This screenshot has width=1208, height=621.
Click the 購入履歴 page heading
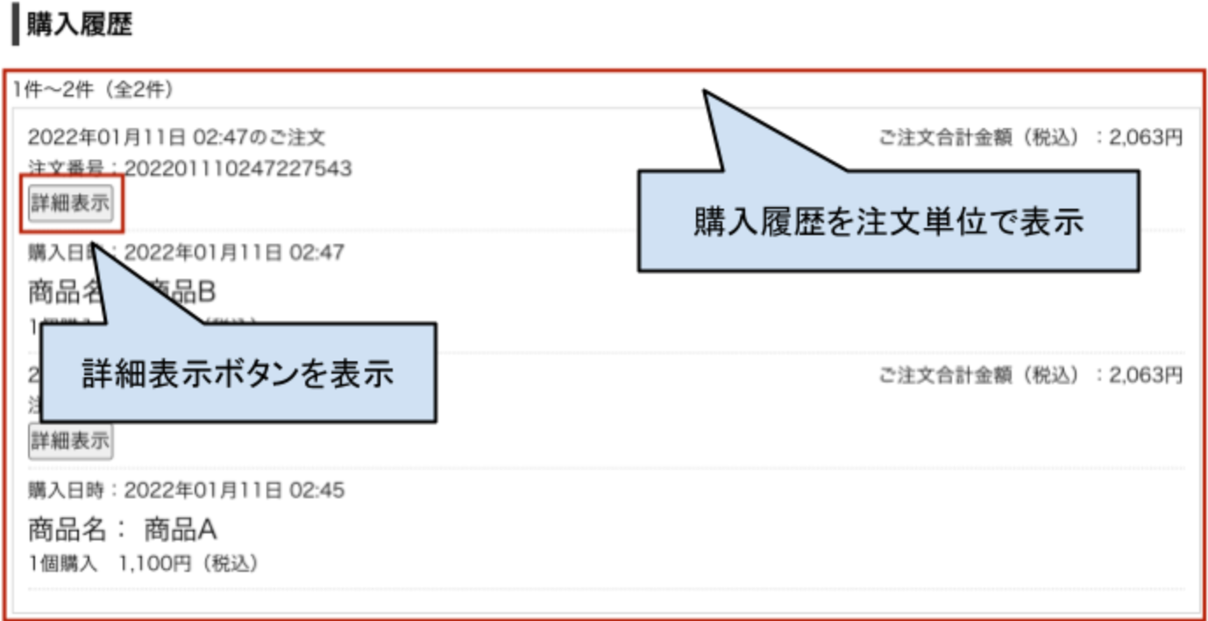(80, 25)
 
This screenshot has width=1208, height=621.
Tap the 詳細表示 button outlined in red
(70, 203)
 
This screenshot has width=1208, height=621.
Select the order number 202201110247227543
(238, 168)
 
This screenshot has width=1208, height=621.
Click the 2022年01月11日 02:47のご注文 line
(176, 138)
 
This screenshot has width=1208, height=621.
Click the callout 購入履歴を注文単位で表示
(888, 221)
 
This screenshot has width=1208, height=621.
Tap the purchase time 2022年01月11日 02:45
(234, 489)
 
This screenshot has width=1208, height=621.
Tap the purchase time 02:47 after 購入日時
(316, 253)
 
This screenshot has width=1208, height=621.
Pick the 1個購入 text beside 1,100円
(62, 563)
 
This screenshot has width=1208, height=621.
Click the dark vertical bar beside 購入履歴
(15, 26)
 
